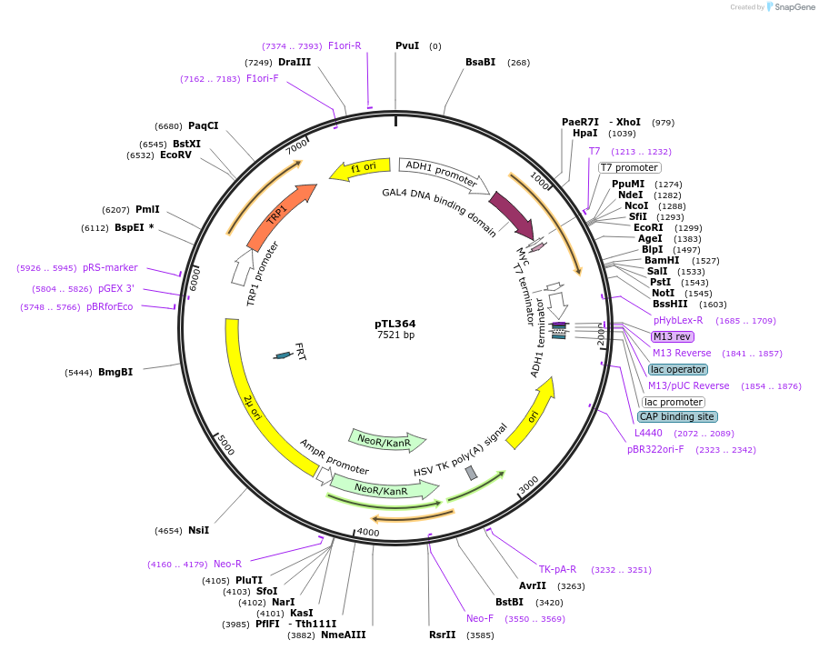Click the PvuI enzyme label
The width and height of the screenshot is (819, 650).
tap(407, 45)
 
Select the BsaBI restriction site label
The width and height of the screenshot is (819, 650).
tap(480, 62)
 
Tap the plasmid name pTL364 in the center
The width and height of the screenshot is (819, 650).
tap(395, 324)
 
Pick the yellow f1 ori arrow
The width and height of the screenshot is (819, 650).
tap(359, 168)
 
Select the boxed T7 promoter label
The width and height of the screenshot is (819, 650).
tap(629, 167)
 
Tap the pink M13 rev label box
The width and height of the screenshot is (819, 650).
tap(672, 336)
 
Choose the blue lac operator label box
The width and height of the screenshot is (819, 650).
tap(677, 369)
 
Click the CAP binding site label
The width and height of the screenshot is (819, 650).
tap(676, 416)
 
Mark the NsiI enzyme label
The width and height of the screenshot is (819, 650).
tap(198, 530)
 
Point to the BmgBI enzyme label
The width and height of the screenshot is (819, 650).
tap(115, 372)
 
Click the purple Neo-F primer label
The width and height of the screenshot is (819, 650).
tap(480, 618)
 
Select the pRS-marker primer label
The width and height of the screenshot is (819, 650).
tap(110, 267)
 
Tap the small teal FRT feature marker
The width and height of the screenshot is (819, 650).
tap(283, 355)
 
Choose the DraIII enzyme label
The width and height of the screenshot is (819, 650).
tap(295, 62)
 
